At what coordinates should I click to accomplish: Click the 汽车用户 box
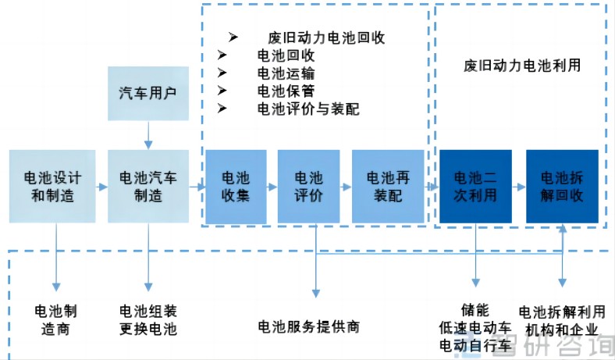coord(148,94)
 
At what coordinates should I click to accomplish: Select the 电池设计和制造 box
coord(52,187)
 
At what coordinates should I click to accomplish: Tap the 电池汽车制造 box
coord(148,187)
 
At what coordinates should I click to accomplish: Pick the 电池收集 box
coord(236,187)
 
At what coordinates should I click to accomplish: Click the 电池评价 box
coord(309,187)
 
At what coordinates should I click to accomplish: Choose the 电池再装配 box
coord(388,187)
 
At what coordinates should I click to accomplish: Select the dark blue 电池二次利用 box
coord(475,187)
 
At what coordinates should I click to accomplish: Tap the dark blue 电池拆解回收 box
coord(562,187)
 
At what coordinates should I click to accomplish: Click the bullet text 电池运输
coord(286,73)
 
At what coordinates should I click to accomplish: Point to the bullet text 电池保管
coord(286,91)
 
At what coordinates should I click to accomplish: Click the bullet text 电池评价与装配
coord(308,109)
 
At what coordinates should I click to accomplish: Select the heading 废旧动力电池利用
coord(522,66)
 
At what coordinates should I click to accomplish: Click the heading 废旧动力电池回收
coord(326,37)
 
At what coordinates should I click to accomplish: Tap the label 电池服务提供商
coord(309,326)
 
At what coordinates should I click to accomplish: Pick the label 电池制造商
coord(55,320)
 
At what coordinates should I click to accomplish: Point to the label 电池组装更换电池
coord(148,320)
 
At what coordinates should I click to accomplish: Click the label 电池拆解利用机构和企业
coord(562,321)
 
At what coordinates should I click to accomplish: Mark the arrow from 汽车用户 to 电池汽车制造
coord(148,135)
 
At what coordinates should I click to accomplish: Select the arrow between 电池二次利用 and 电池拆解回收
coord(518,187)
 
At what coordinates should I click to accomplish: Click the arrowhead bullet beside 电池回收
coord(222,55)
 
